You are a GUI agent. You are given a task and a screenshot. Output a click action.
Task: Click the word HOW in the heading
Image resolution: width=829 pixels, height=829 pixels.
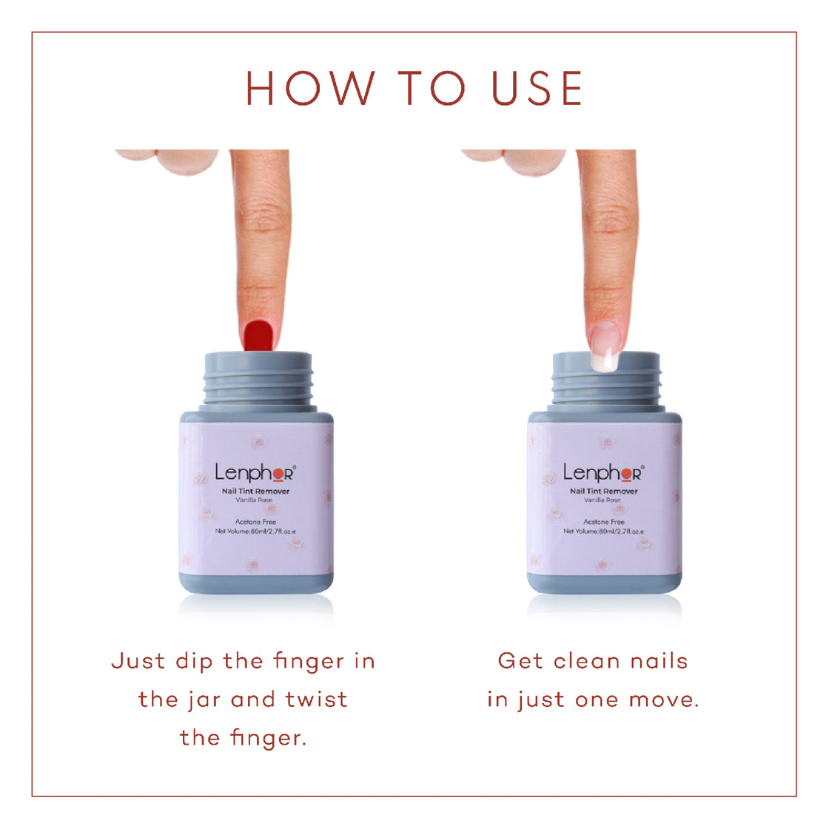click(310, 89)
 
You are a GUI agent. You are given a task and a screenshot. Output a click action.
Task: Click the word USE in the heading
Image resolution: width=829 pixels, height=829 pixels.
click(537, 89)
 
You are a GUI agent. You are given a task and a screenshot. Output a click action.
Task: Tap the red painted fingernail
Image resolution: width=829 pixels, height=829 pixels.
click(258, 335)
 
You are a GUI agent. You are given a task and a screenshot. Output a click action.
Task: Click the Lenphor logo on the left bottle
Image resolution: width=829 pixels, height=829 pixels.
click(255, 472)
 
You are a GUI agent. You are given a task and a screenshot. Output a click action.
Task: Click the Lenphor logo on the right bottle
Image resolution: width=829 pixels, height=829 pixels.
click(603, 472)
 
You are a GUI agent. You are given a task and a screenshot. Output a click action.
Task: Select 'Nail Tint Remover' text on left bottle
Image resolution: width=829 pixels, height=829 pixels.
click(255, 491)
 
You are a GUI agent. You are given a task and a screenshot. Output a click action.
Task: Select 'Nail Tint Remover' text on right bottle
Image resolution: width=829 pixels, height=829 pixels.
click(603, 491)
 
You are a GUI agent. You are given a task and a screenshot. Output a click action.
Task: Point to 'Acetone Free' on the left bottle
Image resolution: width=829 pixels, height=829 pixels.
click(255, 522)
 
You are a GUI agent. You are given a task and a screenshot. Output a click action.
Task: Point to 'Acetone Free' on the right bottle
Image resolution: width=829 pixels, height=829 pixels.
click(603, 522)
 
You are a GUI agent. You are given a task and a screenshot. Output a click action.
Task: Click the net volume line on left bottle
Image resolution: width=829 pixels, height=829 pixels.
click(255, 531)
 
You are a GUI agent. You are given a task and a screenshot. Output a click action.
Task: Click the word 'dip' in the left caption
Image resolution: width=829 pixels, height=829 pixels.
click(194, 661)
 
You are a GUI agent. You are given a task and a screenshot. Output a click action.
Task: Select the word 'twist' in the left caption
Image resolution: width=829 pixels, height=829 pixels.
click(316, 699)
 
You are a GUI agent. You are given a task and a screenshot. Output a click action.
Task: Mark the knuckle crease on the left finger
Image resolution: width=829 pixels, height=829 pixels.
click(259, 222)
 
